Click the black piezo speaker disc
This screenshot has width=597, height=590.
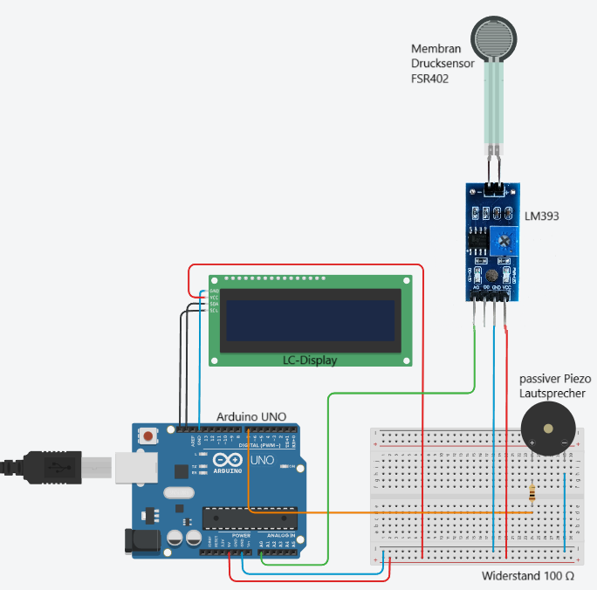[x=548, y=429]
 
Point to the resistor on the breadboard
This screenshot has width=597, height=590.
[x=534, y=494]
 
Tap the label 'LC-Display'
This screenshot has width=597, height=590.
[x=309, y=360]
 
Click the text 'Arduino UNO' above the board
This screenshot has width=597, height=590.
[x=251, y=416]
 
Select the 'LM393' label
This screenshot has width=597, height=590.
[x=542, y=214]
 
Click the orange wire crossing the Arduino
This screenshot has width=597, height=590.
[x=349, y=511]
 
